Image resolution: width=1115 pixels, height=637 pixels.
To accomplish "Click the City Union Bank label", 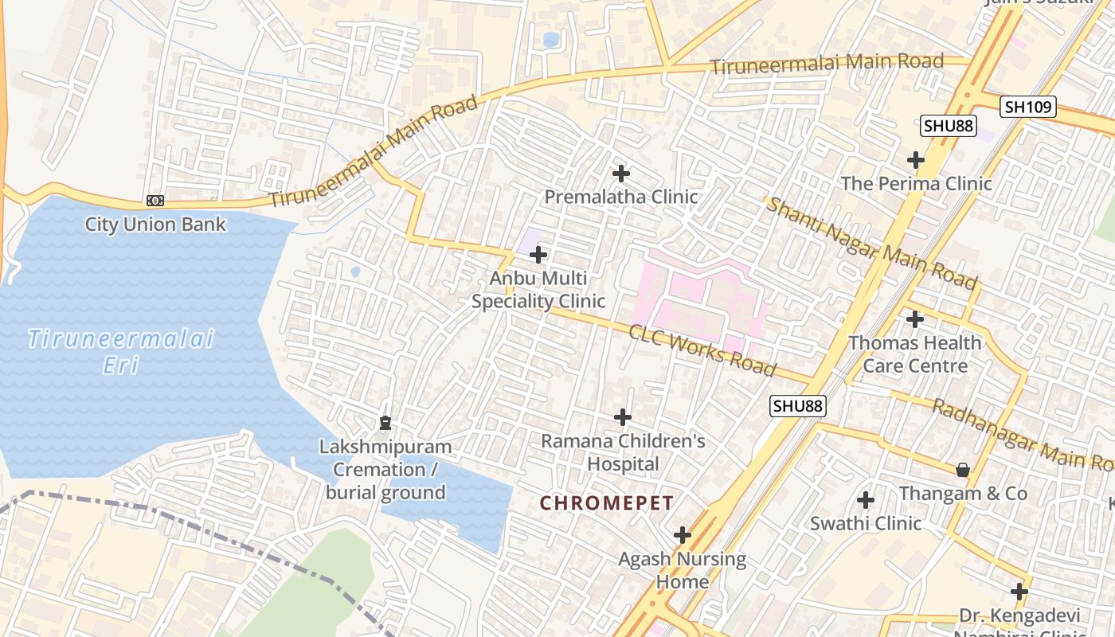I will pyautogui.click(x=155, y=225).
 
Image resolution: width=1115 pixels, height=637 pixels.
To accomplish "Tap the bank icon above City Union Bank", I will pyautogui.click(x=155, y=201).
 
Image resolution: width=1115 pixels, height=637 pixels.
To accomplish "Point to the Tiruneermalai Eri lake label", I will pyautogui.click(x=121, y=351).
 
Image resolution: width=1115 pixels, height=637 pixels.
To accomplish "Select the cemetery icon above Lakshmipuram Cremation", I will pyautogui.click(x=385, y=422).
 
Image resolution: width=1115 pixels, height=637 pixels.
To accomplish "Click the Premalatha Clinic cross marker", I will pyautogui.click(x=620, y=173).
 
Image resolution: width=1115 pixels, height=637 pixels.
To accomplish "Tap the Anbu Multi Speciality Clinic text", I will pyautogui.click(x=538, y=290).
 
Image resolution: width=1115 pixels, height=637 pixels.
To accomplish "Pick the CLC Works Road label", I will pyautogui.click(x=702, y=350).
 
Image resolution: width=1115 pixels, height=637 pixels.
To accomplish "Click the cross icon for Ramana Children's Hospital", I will pyautogui.click(x=623, y=416).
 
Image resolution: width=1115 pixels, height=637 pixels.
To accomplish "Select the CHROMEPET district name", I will pyautogui.click(x=607, y=503).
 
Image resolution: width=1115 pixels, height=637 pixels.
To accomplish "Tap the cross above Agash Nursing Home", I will pyautogui.click(x=682, y=534).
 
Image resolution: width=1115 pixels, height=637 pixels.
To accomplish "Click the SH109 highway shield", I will pyautogui.click(x=1027, y=107).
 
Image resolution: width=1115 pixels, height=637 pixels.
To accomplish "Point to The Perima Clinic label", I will pyautogui.click(x=916, y=183).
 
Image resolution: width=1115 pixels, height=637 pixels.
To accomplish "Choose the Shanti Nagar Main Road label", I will pyautogui.click(x=870, y=243).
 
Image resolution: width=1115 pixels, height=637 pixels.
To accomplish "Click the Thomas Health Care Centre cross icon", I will pyautogui.click(x=915, y=319).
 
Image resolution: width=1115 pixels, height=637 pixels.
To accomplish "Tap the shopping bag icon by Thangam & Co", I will pyautogui.click(x=962, y=470).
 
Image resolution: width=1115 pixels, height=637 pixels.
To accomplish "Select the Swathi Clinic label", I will pyautogui.click(x=866, y=523).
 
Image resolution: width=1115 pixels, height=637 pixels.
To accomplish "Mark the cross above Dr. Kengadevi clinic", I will pyautogui.click(x=1019, y=592).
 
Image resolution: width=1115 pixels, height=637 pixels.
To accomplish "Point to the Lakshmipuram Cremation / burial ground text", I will pyautogui.click(x=385, y=470).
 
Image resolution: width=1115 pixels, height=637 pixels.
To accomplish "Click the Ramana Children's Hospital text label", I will pyautogui.click(x=623, y=452).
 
